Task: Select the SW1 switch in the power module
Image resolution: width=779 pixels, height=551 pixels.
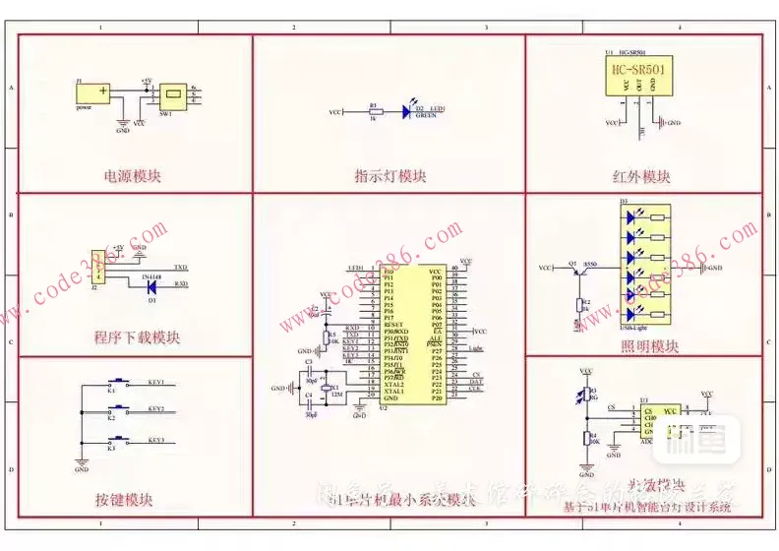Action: tap(174, 94)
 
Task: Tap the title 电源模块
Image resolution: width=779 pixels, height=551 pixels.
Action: tap(133, 177)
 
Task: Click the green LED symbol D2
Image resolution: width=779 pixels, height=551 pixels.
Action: tap(407, 112)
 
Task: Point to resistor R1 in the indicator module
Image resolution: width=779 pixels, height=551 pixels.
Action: tap(374, 112)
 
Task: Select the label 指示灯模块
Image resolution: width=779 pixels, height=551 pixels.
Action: tap(390, 177)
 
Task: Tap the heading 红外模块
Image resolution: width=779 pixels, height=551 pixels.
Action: tap(641, 177)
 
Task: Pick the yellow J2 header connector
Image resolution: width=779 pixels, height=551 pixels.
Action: tap(99, 268)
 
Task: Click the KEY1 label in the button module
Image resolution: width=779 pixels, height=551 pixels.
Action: tap(155, 382)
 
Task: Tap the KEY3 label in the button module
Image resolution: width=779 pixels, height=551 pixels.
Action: tap(155, 440)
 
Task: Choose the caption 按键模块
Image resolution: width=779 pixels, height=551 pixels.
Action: tap(125, 499)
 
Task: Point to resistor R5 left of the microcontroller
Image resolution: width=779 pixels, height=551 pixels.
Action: tap(328, 337)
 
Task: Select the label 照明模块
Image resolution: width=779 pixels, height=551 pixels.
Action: tap(649, 346)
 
